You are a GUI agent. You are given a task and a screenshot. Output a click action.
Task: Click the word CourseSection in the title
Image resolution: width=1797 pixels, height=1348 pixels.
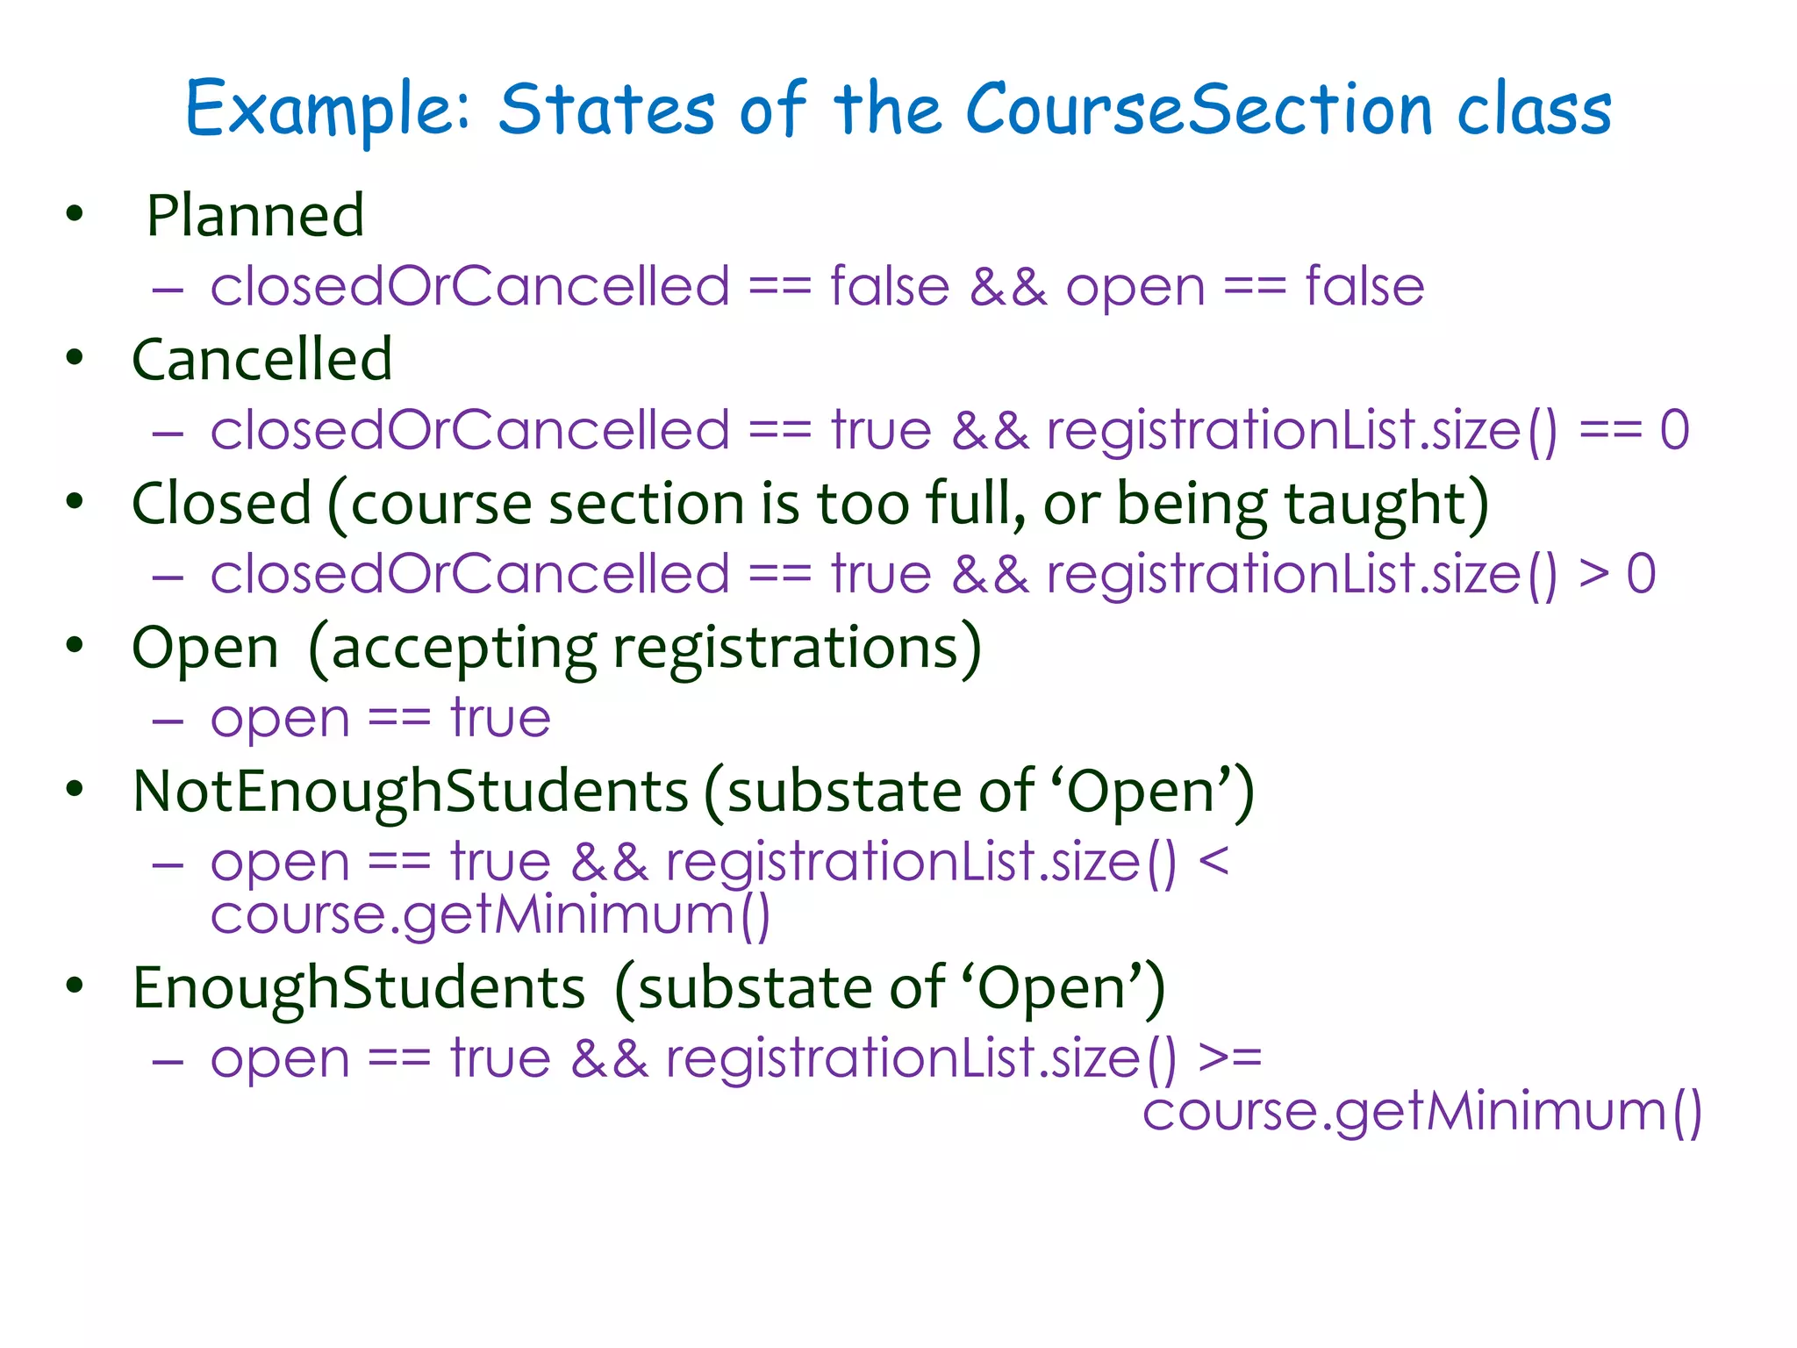pos(1199,109)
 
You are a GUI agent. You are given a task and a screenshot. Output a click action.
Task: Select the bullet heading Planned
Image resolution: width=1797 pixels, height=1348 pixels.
pos(254,215)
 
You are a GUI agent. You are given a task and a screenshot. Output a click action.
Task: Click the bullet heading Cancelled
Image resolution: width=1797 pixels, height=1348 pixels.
pos(261,359)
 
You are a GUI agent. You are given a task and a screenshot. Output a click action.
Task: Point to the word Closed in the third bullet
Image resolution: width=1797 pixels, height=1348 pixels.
pos(221,504)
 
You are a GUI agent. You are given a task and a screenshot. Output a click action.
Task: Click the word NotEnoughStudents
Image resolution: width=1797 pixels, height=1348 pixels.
pos(410,792)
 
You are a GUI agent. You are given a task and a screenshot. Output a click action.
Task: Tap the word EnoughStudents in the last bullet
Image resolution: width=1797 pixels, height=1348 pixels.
pos(358,988)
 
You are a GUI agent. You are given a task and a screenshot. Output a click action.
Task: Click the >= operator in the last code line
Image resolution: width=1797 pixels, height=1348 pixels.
pos(1229,1057)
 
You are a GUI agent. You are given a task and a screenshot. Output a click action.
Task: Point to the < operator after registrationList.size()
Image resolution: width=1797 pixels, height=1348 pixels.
pos(1214,860)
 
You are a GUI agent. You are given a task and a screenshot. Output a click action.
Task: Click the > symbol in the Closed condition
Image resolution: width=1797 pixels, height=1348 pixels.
pos(1593,574)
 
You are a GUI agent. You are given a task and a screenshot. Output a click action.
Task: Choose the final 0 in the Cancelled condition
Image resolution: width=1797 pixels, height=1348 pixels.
pos(1674,430)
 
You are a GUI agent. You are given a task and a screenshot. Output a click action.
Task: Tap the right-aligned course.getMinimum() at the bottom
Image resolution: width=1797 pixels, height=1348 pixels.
pos(1421,1111)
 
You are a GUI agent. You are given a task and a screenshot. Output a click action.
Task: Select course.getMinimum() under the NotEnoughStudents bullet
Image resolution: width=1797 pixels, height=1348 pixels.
pos(490,914)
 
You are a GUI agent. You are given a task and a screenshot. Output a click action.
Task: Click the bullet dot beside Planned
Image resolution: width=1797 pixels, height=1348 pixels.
pos(75,213)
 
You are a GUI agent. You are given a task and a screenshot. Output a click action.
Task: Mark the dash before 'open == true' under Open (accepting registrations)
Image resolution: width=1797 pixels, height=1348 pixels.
pos(168,720)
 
